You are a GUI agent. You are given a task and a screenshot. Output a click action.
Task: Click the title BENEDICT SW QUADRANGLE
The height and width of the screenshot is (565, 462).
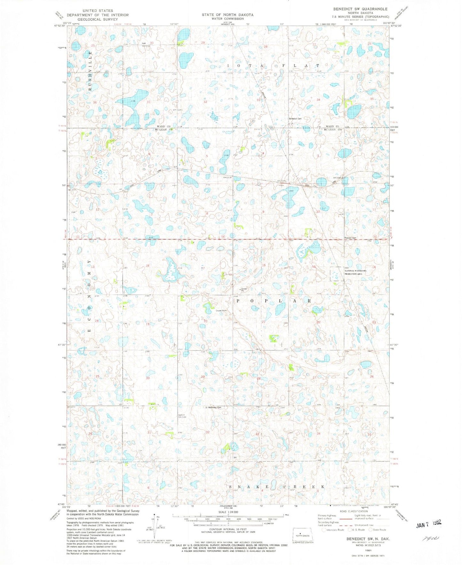click(360, 9)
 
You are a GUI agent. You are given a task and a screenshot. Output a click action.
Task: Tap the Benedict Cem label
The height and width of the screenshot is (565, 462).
click(295, 119)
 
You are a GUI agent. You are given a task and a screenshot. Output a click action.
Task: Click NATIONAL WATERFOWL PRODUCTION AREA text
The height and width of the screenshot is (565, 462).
click(355, 272)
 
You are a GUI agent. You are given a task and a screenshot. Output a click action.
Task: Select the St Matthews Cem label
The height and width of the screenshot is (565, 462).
click(213, 407)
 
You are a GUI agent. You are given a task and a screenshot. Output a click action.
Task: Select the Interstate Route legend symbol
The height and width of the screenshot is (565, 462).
click(324, 530)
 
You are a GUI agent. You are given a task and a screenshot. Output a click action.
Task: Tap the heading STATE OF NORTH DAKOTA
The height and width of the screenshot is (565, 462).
click(227, 15)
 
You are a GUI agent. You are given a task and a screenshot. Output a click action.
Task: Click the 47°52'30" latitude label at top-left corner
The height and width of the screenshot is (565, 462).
click(60, 26)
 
